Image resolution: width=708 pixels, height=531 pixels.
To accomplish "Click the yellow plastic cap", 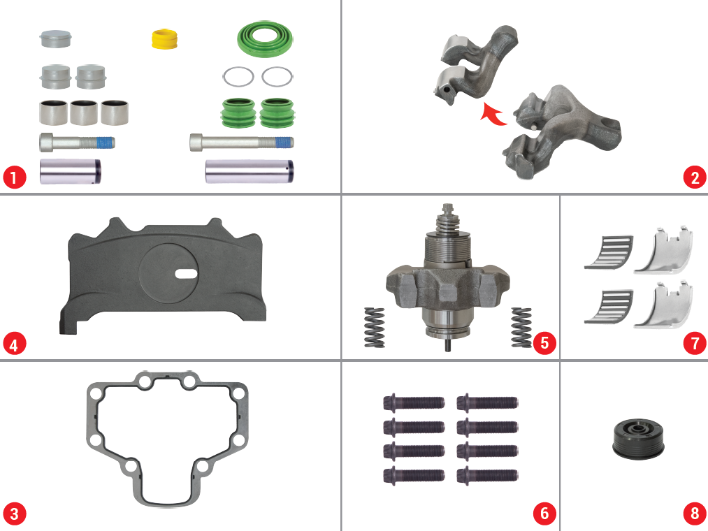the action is click(164, 38).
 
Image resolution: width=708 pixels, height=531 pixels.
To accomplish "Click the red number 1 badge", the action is click(15, 177).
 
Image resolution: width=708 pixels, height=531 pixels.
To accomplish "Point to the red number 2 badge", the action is click(695, 177).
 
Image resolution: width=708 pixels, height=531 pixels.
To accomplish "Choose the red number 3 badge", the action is click(15, 514).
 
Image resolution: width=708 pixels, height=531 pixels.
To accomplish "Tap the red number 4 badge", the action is click(15, 344).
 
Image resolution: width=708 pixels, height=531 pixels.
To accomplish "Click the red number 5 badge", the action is click(544, 343).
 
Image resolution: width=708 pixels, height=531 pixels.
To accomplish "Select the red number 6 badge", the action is click(544, 514).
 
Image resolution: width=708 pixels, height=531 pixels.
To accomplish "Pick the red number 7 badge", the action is click(695, 344).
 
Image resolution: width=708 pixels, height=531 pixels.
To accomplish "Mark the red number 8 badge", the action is click(695, 514).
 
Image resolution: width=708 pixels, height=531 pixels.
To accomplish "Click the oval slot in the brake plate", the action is click(186, 273).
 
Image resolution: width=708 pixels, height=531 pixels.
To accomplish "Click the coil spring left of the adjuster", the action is click(375, 328).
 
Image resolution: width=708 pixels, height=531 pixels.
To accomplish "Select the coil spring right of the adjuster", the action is click(521, 328).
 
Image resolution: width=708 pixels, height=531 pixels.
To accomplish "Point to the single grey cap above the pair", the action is click(55, 39).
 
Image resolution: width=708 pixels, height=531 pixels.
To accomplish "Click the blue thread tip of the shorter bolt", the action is click(106, 143).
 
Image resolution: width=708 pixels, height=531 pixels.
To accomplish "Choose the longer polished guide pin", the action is click(250, 172).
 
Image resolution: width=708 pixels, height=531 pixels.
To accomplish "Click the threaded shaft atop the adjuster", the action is click(447, 217).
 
